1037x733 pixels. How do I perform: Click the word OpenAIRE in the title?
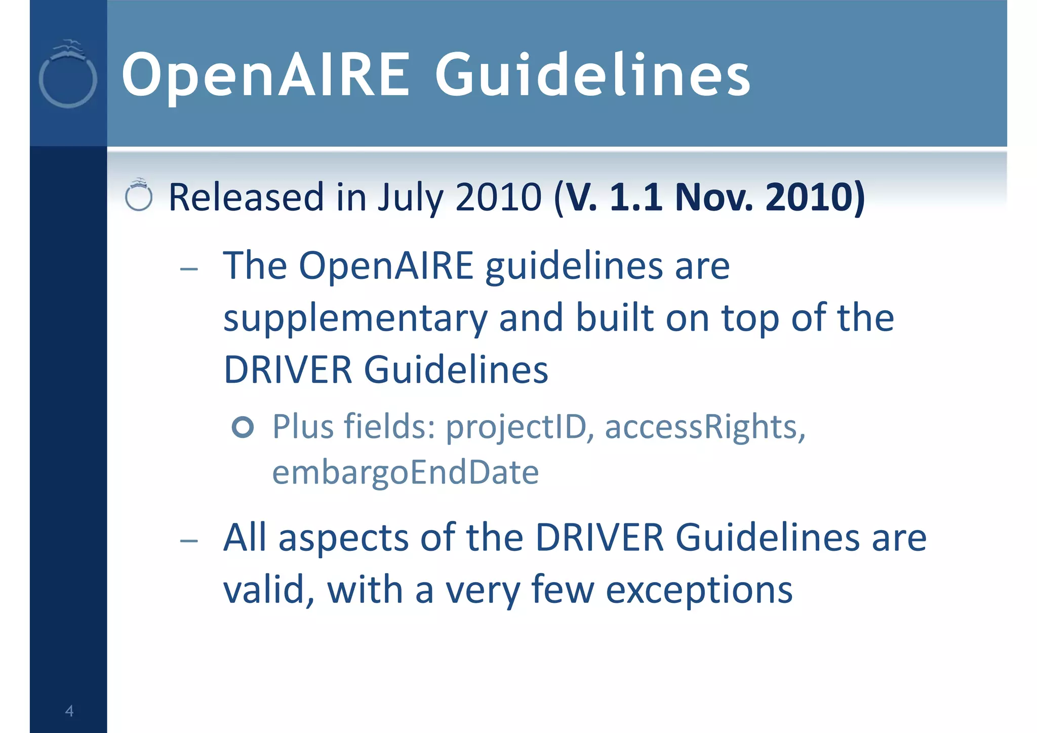tap(265, 75)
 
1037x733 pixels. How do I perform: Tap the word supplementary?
tap(355, 319)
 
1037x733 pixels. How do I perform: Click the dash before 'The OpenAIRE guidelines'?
tap(189, 268)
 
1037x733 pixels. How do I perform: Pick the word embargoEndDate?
tap(405, 473)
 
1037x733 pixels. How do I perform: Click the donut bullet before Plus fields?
tap(243, 427)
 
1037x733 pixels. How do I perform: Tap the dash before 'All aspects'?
tap(189, 540)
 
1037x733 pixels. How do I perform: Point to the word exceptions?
tap(699, 590)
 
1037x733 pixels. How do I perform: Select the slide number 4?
tap(69, 711)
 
